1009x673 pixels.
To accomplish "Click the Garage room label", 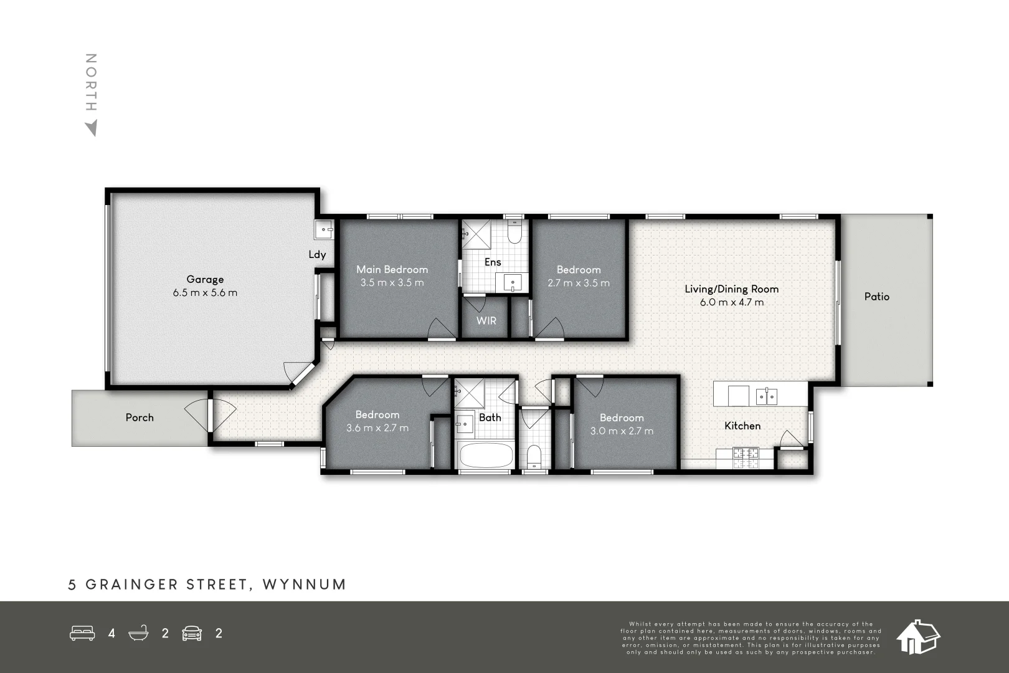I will pos(205,279).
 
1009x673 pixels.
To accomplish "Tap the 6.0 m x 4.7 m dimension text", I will pos(732,302).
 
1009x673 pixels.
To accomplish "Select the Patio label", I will pos(876,297).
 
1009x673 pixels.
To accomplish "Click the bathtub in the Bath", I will pos(486,455).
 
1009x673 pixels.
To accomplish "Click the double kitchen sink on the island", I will pos(767,395).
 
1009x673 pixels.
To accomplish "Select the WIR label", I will pos(486,320).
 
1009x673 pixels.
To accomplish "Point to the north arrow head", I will pos(92,128).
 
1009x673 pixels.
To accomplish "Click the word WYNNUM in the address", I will pos(304,585).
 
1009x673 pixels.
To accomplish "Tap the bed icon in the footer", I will pos(82,633).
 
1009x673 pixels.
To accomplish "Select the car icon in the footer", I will pos(192,633).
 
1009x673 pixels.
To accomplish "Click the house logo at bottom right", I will pos(917,637).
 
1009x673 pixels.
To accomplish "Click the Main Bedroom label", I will pos(392,269).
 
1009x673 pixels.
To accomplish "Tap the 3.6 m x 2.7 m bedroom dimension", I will pos(377,428).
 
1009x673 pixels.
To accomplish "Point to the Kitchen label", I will pos(742,426).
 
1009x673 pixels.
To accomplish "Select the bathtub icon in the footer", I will pos(138,633).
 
